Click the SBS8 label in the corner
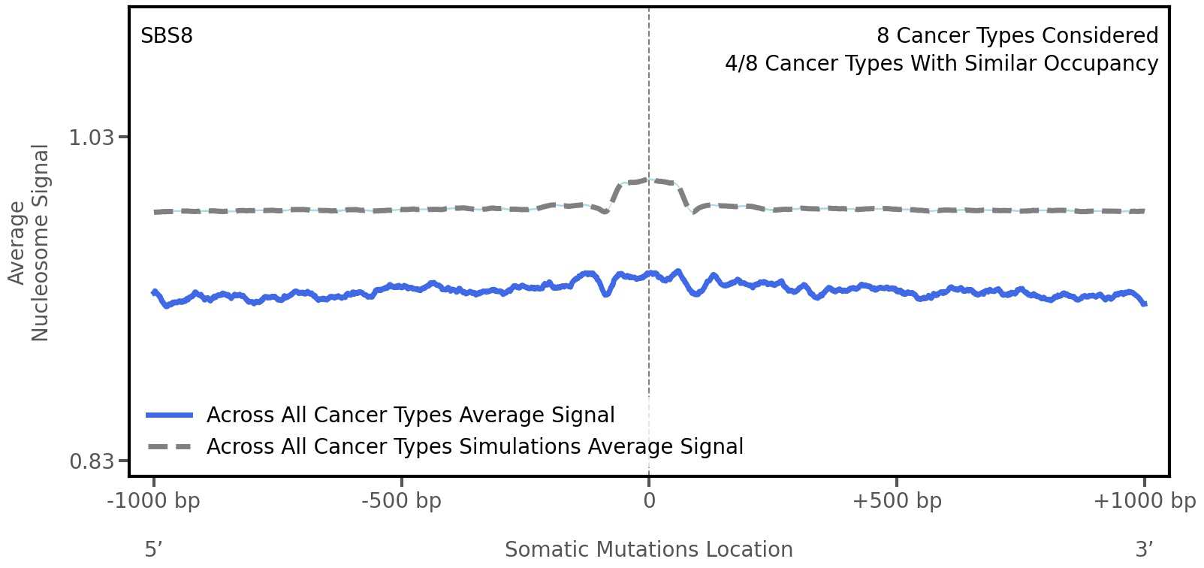coord(167,36)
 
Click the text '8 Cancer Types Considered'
coord(1017,36)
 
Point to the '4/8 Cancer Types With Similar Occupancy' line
coord(941,64)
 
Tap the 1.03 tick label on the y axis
coord(91,137)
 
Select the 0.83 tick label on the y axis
coord(91,461)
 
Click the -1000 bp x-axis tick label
coord(154,501)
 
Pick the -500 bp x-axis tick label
coord(401,501)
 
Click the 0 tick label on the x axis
coord(649,501)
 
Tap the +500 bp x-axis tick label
coord(896,501)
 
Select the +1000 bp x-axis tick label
coord(1144,501)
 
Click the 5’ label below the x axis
coord(154,549)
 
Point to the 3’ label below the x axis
coord(1144,549)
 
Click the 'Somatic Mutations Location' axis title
coord(648,549)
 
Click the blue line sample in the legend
coord(170,415)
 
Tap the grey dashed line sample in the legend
coord(170,447)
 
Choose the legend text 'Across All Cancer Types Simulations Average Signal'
coord(475,447)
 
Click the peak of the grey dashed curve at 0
coord(649,180)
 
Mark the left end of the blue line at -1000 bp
coord(154,292)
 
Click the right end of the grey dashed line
coord(1143,211)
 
